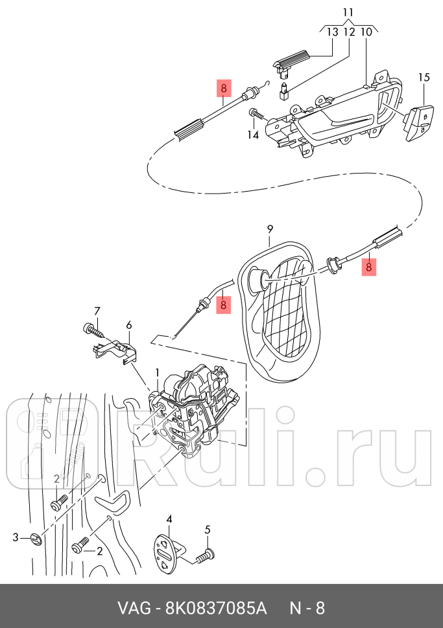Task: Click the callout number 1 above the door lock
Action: point(156,372)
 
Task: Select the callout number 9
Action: point(270,229)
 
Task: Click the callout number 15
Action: point(424,78)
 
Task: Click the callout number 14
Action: point(252,135)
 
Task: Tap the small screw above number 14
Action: point(256,116)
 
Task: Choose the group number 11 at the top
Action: point(348,12)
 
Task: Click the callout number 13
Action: point(332,32)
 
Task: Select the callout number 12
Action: point(349,32)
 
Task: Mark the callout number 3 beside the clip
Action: point(17,537)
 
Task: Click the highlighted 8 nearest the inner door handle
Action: point(223,88)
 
